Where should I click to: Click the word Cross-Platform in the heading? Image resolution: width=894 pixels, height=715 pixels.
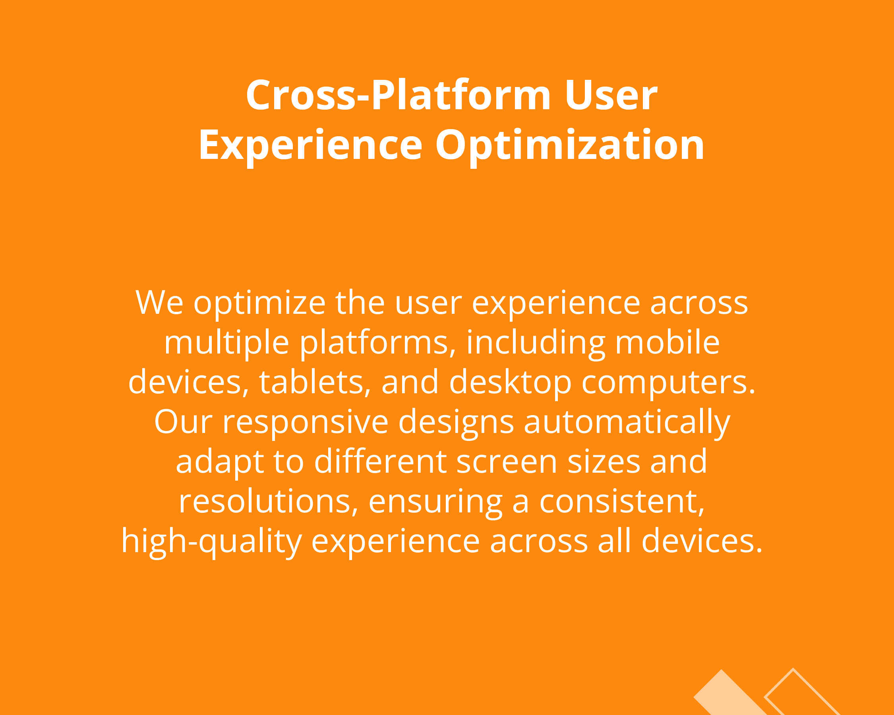click(399, 95)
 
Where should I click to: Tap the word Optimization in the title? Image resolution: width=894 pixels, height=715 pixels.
click(570, 145)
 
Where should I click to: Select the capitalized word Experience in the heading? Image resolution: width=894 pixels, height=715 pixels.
click(311, 145)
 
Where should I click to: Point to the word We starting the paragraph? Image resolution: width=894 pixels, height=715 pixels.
click(160, 303)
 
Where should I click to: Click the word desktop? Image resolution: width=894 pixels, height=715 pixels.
click(511, 383)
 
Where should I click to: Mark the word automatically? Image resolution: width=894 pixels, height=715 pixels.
click(627, 422)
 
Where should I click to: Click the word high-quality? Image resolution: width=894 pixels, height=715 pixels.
click(211, 542)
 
